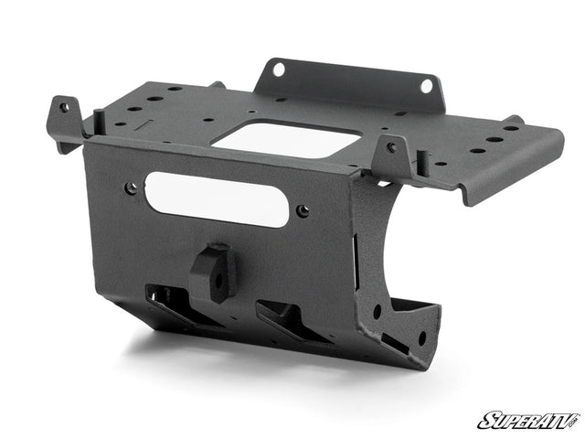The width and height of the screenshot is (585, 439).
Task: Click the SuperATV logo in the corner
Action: click(527, 421)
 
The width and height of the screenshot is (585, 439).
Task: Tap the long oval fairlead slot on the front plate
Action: click(217, 199)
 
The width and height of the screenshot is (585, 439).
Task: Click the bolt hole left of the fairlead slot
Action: click(132, 187)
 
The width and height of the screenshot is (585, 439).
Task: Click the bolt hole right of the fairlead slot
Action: click(303, 211)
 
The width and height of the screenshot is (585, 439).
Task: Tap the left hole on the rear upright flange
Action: click(278, 70)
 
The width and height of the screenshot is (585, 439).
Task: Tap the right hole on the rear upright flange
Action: click(425, 86)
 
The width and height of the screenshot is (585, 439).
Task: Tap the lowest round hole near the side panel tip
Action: click(421, 338)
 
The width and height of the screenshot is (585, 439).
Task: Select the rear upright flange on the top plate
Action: click(347, 82)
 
